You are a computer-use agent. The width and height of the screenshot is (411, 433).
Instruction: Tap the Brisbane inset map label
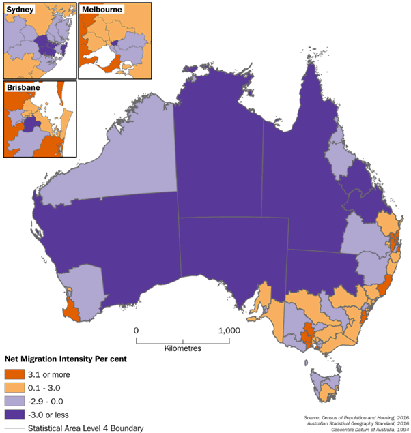point(23,88)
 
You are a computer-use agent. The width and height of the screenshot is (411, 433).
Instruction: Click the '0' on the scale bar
point(137,331)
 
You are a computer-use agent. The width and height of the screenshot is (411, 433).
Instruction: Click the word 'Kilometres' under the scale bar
point(182,348)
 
